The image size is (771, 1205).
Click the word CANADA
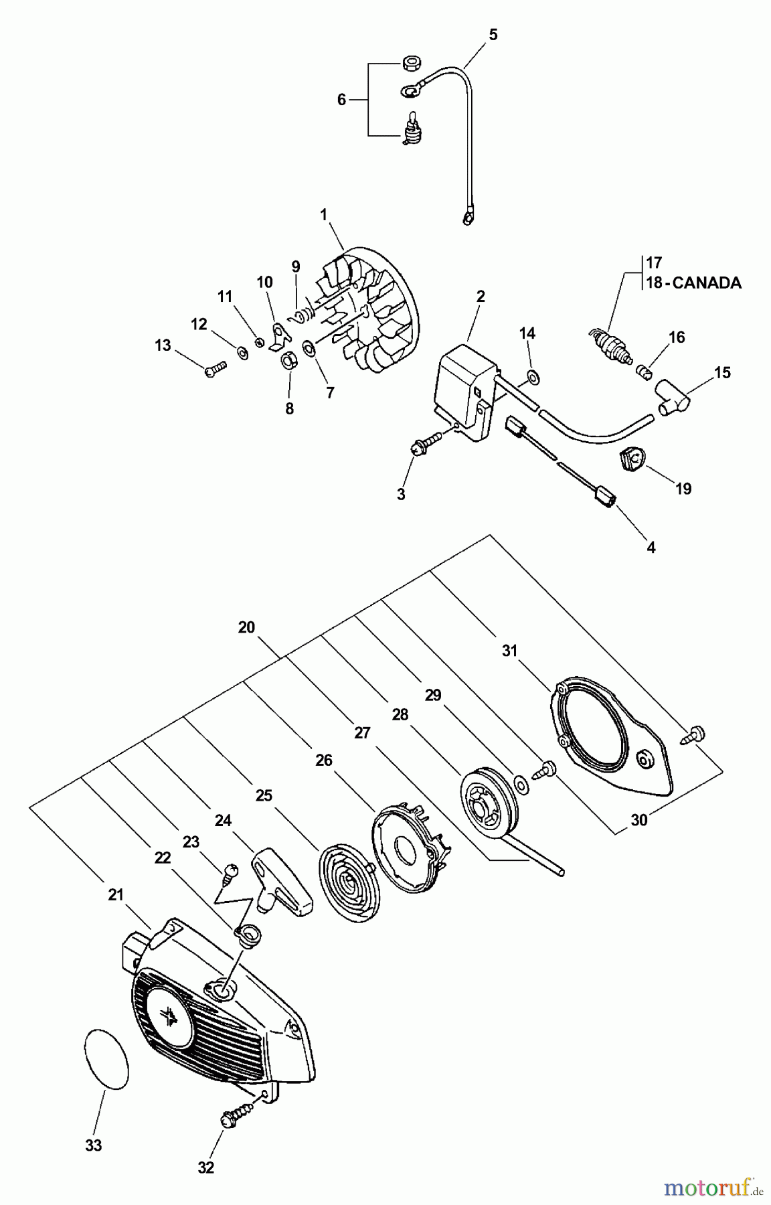tap(706, 283)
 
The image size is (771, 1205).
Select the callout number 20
tap(246, 627)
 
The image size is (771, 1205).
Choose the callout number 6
tap(341, 100)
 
